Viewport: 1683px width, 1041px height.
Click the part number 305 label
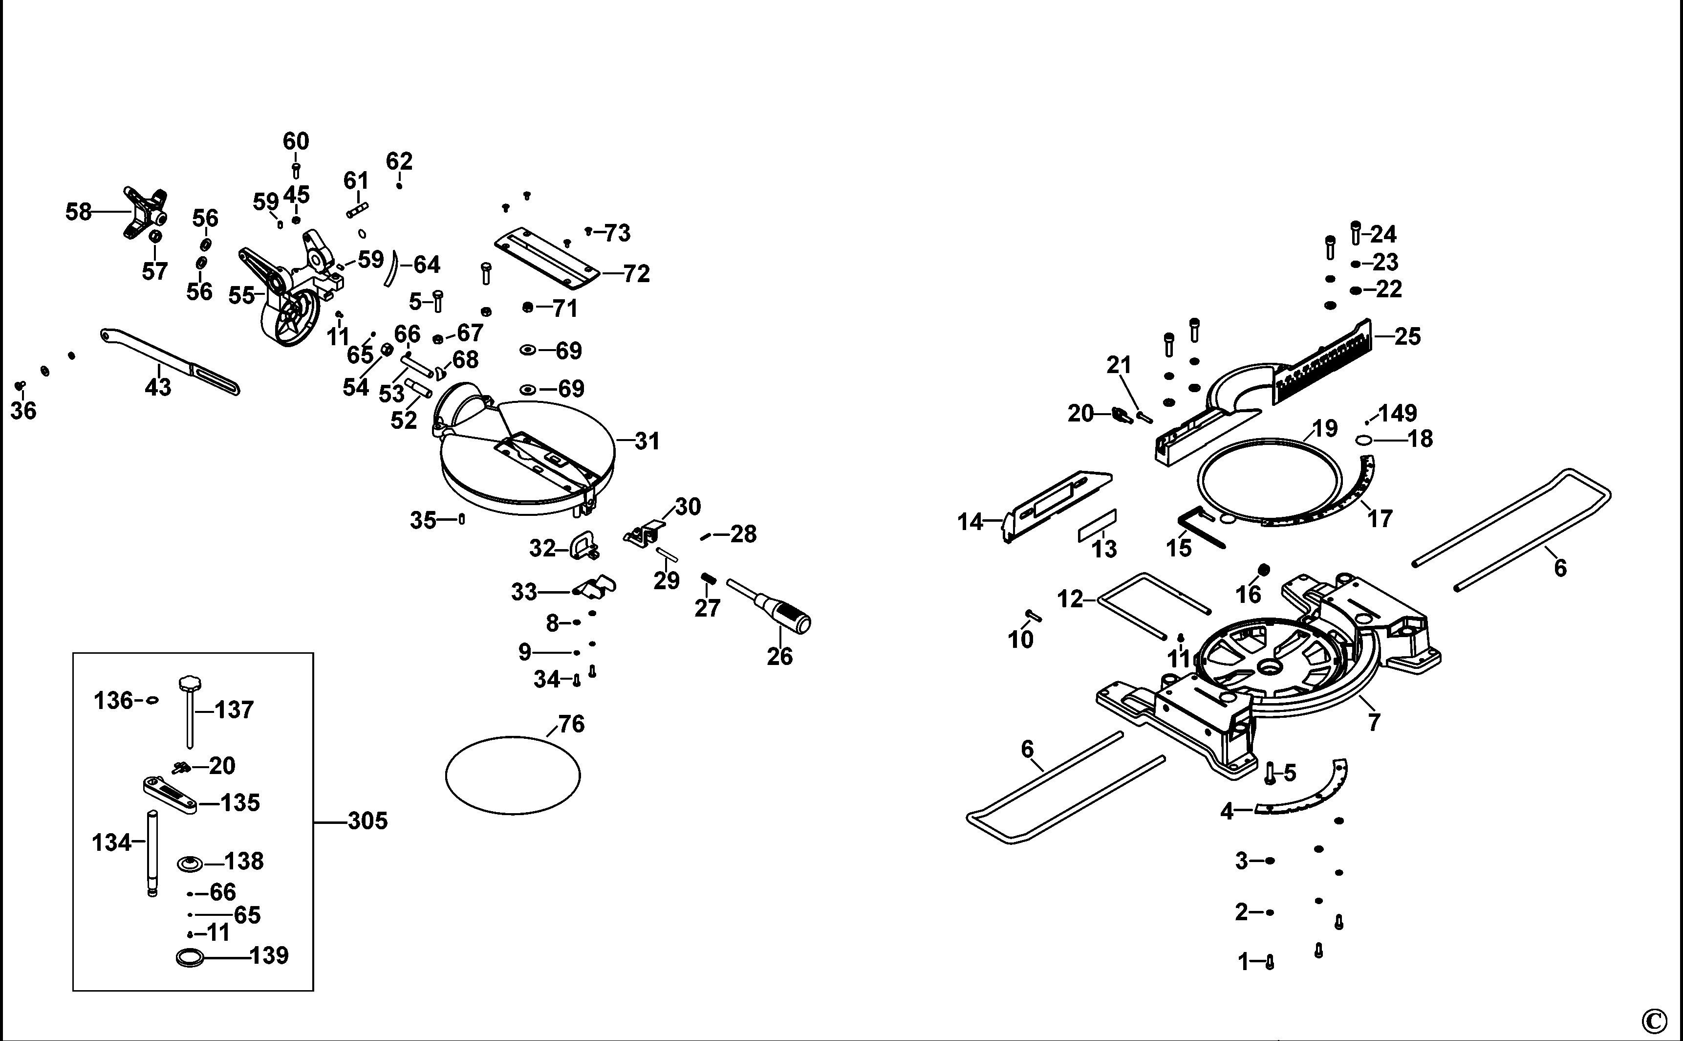(x=367, y=820)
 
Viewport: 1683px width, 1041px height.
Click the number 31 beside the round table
(x=647, y=442)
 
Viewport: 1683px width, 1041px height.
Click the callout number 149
(x=1398, y=413)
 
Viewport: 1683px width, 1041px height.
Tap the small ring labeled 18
(x=1364, y=441)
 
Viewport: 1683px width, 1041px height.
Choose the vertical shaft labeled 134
(x=152, y=854)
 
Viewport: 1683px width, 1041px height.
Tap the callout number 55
(x=241, y=295)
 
